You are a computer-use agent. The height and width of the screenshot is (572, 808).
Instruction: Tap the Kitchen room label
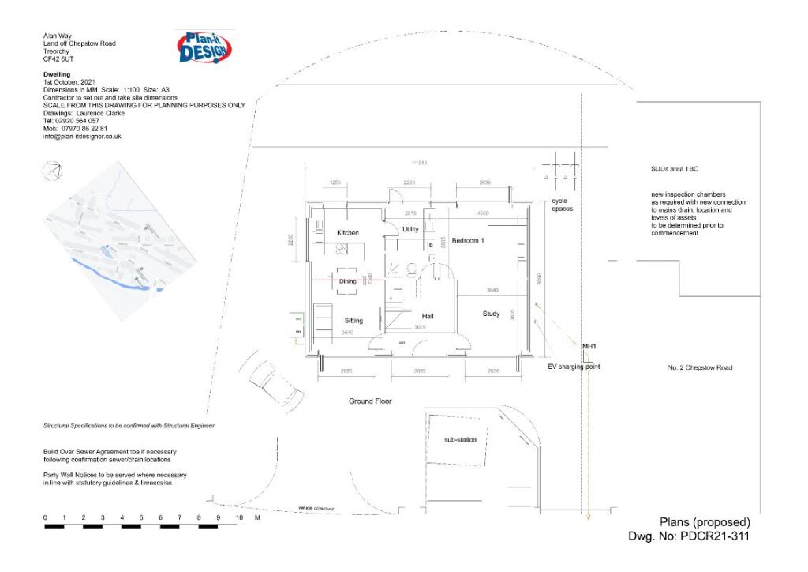pyautogui.click(x=348, y=233)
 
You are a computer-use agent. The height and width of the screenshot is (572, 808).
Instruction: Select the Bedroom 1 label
pyautogui.click(x=467, y=240)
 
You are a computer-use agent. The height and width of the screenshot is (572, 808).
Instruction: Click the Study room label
pyautogui.click(x=491, y=314)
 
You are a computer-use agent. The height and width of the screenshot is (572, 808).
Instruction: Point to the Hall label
pyautogui.click(x=427, y=317)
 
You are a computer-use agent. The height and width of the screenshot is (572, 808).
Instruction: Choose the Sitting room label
pyautogui.click(x=353, y=321)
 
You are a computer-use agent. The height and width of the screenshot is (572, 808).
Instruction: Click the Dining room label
pyautogui.click(x=347, y=280)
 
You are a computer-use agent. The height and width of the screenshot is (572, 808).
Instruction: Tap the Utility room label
pyautogui.click(x=410, y=229)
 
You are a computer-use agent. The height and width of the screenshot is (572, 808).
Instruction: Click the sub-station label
pyautogui.click(x=460, y=439)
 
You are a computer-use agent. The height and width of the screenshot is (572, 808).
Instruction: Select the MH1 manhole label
pyautogui.click(x=589, y=347)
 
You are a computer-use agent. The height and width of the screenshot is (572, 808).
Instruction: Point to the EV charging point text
pyautogui.click(x=574, y=367)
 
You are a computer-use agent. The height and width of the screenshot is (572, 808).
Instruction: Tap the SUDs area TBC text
pyautogui.click(x=669, y=169)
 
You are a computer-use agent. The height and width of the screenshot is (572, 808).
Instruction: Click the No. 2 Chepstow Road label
pyautogui.click(x=700, y=367)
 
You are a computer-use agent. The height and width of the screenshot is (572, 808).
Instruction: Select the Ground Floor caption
pyautogui.click(x=370, y=401)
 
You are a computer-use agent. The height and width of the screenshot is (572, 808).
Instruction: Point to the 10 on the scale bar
pyautogui.click(x=238, y=517)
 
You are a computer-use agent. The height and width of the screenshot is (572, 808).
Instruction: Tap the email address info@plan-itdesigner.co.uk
pyautogui.click(x=82, y=137)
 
